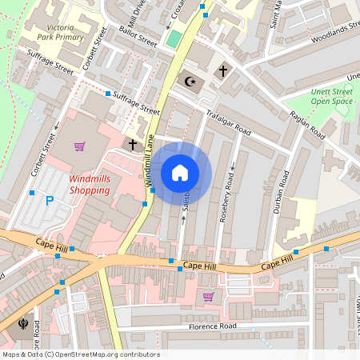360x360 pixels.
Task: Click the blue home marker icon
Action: tap(180, 173)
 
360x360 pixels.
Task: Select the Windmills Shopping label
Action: tap(100, 185)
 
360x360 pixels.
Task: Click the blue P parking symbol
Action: tap(50, 201)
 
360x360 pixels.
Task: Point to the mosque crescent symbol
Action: tap(190, 81)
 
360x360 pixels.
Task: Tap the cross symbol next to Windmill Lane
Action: tap(133, 144)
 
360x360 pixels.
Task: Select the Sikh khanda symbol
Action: tap(22, 324)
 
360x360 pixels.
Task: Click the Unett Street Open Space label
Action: tap(331, 97)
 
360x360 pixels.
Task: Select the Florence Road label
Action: tap(213, 326)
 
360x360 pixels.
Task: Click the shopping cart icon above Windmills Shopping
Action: tap(79, 146)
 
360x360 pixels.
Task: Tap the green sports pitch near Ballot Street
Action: tap(174, 39)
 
